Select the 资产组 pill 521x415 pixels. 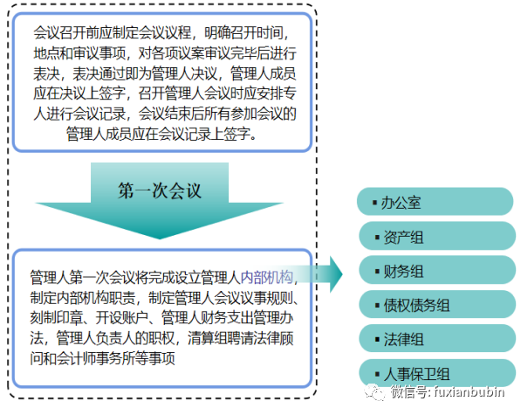[x=437, y=236]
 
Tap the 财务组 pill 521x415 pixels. [x=437, y=270]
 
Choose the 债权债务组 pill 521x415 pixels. [x=437, y=304]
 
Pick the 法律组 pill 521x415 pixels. [x=437, y=338]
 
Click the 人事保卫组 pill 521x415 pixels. [x=437, y=373]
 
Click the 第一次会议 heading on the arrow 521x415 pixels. [x=160, y=190]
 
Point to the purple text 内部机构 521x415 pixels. [x=267, y=277]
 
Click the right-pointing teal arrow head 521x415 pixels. [x=336, y=274]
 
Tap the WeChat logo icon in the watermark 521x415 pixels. [x=374, y=392]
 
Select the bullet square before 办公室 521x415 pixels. [x=374, y=202]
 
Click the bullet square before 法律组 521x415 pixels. [x=377, y=339]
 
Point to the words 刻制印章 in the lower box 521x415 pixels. [x=57, y=317]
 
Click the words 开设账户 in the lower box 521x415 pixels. [x=122, y=317]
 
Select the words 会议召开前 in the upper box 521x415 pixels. [x=66, y=32]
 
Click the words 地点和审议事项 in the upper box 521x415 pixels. [x=79, y=53]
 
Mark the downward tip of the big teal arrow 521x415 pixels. [x=160, y=239]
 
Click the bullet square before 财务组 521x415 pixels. [x=377, y=271]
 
